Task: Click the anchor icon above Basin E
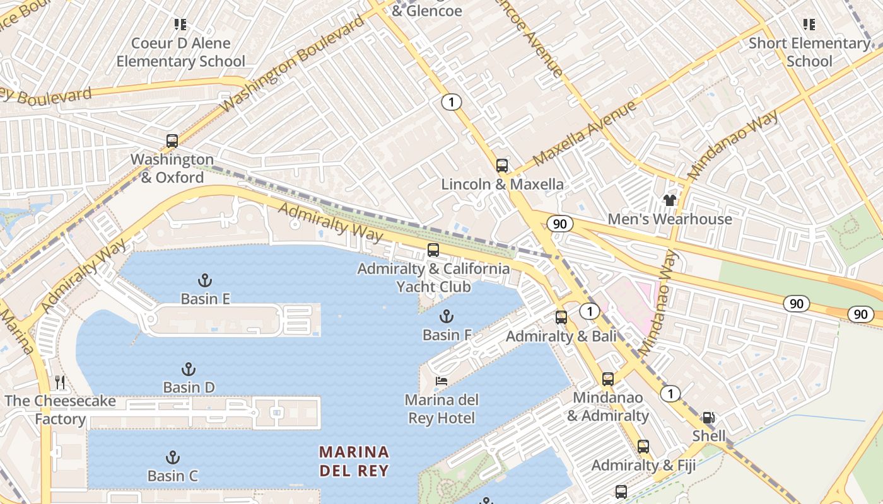click(204, 280)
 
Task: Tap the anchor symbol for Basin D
click(188, 369)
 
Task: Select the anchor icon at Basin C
click(172, 457)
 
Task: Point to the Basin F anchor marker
click(447, 316)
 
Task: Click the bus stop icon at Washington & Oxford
click(172, 141)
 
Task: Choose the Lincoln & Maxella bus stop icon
click(501, 166)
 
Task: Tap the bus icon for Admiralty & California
click(433, 250)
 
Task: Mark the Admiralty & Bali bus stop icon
click(561, 318)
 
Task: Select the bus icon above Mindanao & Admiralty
click(607, 379)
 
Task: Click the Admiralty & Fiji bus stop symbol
click(643, 447)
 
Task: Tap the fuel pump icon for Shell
click(708, 418)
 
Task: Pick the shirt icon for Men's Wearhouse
click(669, 200)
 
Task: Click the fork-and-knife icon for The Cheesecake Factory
click(60, 382)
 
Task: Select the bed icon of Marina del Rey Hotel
click(441, 381)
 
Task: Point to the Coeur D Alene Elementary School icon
click(180, 25)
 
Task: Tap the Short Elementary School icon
click(809, 25)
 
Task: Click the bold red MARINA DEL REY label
click(354, 461)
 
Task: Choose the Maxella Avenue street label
click(585, 133)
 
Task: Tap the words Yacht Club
click(433, 287)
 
